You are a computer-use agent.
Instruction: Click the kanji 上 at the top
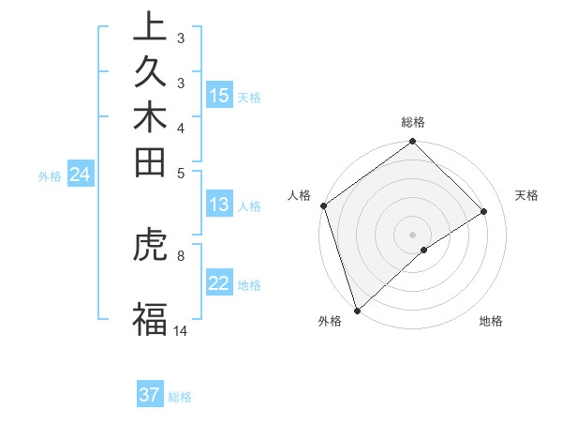click(151, 27)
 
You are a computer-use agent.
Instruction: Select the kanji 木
click(151, 117)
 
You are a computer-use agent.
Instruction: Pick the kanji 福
click(151, 319)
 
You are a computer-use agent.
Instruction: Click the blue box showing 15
click(219, 96)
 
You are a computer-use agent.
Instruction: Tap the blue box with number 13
click(219, 205)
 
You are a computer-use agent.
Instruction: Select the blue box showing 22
click(219, 284)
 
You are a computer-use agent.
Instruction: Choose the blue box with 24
click(81, 174)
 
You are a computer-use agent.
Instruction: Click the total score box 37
click(149, 395)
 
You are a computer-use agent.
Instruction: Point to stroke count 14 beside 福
click(181, 330)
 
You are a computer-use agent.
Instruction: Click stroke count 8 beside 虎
click(180, 253)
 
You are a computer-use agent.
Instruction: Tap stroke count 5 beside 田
click(180, 172)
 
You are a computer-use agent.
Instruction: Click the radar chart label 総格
click(412, 122)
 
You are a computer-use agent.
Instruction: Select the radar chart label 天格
click(526, 195)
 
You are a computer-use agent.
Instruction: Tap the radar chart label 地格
click(491, 322)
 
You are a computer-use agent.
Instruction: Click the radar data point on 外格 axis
click(357, 309)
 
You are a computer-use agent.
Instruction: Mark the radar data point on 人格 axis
click(323, 205)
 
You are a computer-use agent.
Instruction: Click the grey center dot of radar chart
click(412, 234)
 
